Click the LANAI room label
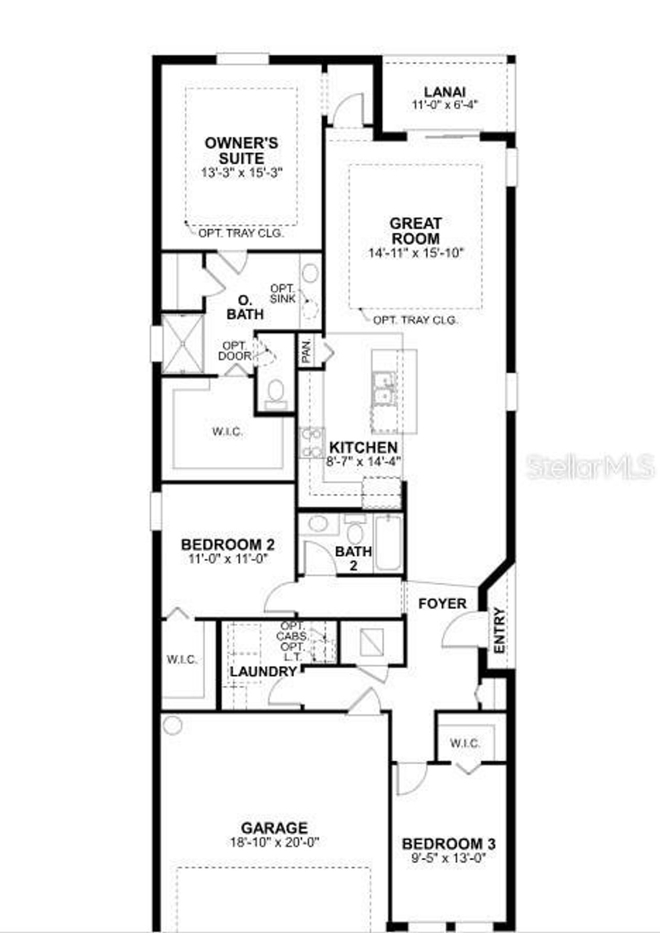pyautogui.click(x=444, y=92)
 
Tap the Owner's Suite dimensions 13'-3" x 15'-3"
pyautogui.click(x=242, y=173)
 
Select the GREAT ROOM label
pyautogui.click(x=415, y=231)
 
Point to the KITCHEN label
pyautogui.click(x=363, y=447)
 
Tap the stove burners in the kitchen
pyautogui.click(x=311, y=443)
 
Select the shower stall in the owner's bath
pyautogui.click(x=183, y=343)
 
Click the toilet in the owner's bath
pyautogui.click(x=276, y=393)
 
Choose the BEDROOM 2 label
pyautogui.click(x=227, y=544)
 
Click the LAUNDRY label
pyautogui.click(x=263, y=671)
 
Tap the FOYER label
pyautogui.click(x=442, y=603)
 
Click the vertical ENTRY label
pyautogui.click(x=499, y=631)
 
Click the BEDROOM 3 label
pyautogui.click(x=449, y=844)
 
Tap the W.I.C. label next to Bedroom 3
pyautogui.click(x=465, y=743)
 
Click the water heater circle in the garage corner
pyautogui.click(x=172, y=726)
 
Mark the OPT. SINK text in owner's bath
pyautogui.click(x=283, y=294)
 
